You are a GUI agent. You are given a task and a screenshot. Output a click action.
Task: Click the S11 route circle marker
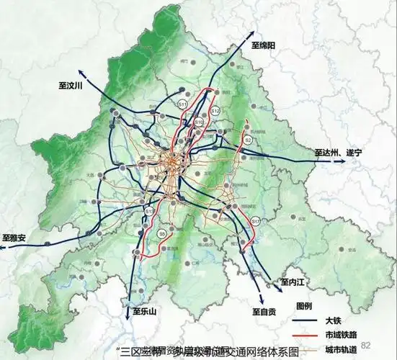[x=183, y=105]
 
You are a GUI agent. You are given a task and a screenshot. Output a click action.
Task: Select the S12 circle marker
[x=215, y=111]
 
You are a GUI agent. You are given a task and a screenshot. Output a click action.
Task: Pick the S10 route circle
[x=199, y=122]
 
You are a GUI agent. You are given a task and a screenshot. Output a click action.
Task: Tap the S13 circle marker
[x=149, y=211]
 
